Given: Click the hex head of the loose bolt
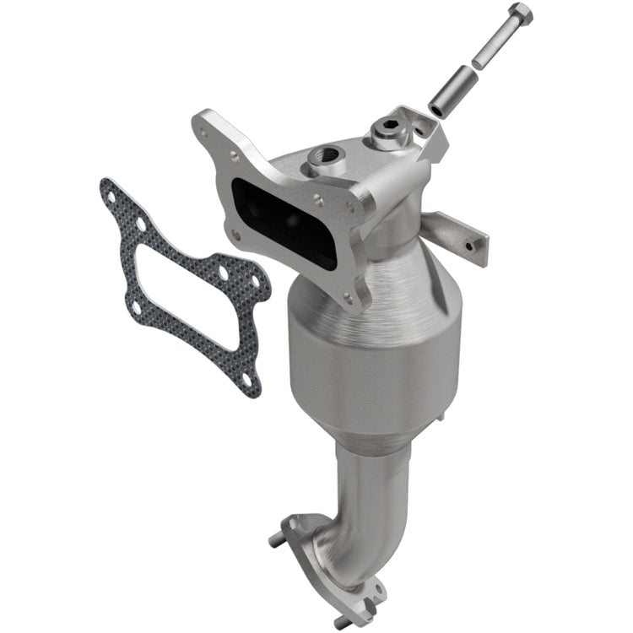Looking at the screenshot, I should [x=521, y=14].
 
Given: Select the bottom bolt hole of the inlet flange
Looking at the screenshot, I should [x=345, y=295].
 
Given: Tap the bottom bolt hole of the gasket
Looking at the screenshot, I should [x=246, y=379].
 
